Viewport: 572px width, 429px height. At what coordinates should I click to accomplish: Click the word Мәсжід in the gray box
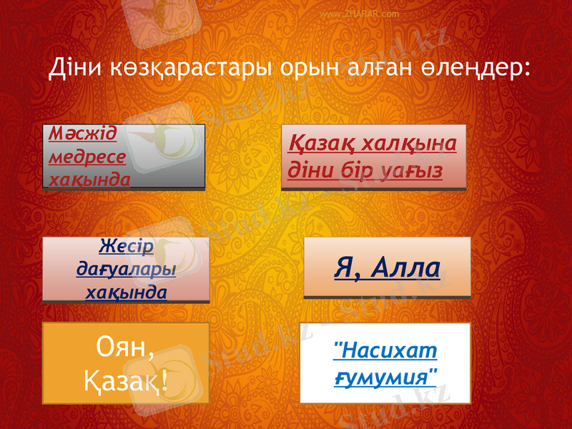click(x=84, y=134)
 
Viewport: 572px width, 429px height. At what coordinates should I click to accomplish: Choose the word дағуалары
click(x=126, y=270)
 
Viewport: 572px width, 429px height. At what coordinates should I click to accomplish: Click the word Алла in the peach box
click(x=405, y=268)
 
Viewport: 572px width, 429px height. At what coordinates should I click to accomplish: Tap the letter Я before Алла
click(x=345, y=268)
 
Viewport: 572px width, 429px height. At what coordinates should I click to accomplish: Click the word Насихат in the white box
click(x=385, y=351)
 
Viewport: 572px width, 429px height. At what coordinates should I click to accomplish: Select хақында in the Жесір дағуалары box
click(x=126, y=292)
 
